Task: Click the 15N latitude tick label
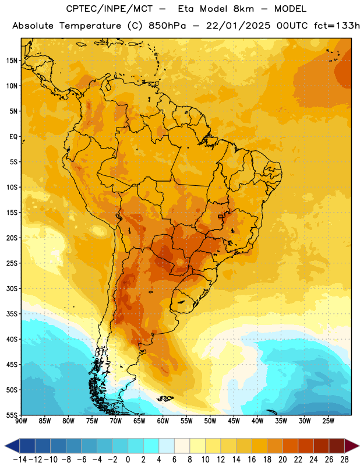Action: coord(12,61)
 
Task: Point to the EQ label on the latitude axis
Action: coord(13,137)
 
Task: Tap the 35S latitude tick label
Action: coord(12,314)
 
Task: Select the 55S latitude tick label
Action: coord(12,415)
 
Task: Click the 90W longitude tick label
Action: coord(22,421)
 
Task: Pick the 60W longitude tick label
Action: coord(163,421)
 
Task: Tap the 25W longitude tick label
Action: coord(328,421)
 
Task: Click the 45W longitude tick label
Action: coord(234,421)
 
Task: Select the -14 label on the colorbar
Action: coord(20,460)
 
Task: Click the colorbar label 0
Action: coord(128,460)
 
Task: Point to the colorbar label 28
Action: coord(344,460)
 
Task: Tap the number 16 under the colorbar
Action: coord(252,460)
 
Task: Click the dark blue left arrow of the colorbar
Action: coord(12,446)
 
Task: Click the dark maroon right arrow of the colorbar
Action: coord(352,446)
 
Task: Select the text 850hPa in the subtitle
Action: coord(167,26)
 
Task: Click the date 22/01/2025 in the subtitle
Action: coord(238,26)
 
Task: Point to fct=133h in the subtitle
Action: coord(337,26)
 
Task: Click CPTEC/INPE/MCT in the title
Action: coord(109,9)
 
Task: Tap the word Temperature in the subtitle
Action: coord(90,26)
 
